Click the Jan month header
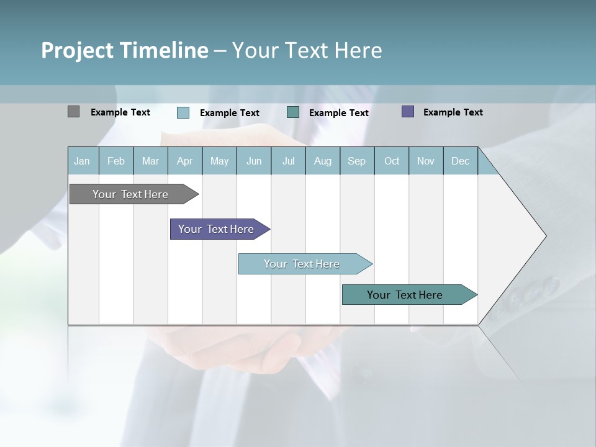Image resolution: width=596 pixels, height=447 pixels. pyautogui.click(x=82, y=161)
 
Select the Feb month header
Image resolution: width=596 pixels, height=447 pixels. pyautogui.click(x=116, y=161)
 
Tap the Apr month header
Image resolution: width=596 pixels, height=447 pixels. pyautogui.click(x=184, y=161)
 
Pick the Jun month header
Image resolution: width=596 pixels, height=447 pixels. pyautogui.click(x=254, y=161)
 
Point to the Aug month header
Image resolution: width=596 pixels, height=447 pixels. pyautogui.click(x=322, y=161)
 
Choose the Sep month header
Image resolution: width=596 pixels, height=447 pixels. pyautogui.click(x=356, y=161)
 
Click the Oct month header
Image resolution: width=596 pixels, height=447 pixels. pyautogui.click(x=392, y=161)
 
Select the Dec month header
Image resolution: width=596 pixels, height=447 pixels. pyautogui.click(x=460, y=161)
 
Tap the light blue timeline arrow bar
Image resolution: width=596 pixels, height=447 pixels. pyautogui.click(x=302, y=264)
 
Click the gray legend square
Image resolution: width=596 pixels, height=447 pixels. pyautogui.click(x=73, y=112)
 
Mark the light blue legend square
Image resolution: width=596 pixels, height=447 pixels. pyautogui.click(x=183, y=112)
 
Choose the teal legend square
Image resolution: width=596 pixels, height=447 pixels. pyautogui.click(x=293, y=112)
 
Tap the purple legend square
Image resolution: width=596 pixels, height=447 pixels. pyautogui.click(x=408, y=112)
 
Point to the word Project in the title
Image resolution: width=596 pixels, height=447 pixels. pyautogui.click(x=76, y=50)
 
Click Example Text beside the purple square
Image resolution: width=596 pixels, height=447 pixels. pyautogui.click(x=453, y=112)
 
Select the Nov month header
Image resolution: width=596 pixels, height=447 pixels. pyautogui.click(x=426, y=161)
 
